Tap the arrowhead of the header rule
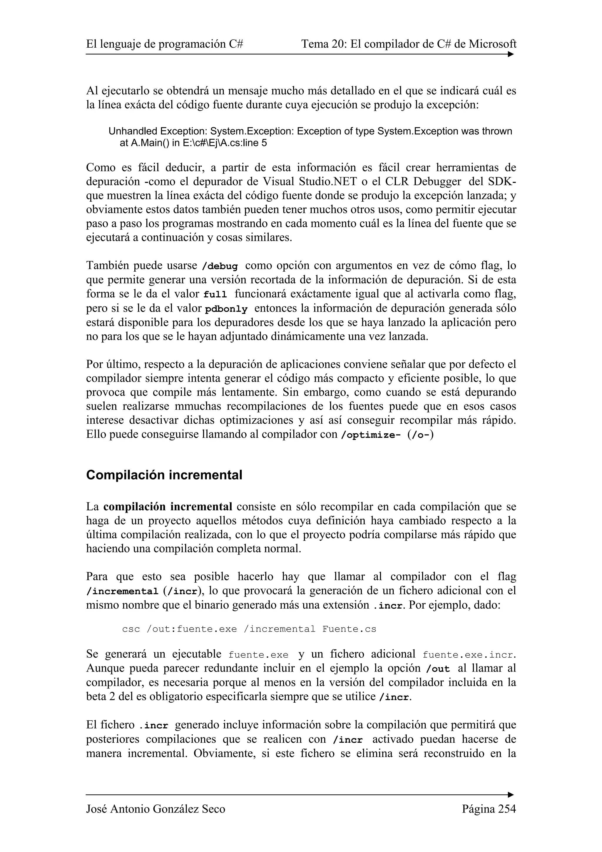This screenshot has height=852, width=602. pyautogui.click(x=511, y=55)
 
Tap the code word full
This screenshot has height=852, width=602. pyautogui.click(x=215, y=295)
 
